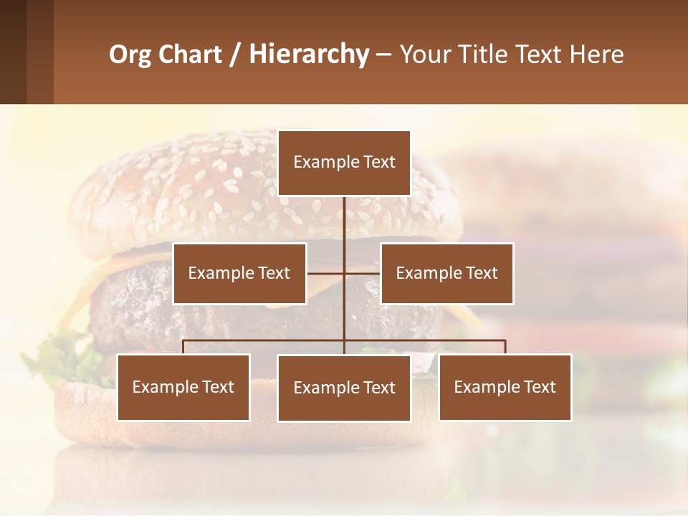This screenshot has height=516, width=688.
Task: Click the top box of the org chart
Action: (x=344, y=163)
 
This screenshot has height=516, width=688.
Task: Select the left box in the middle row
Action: (x=239, y=273)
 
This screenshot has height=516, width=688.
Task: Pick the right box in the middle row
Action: (x=446, y=273)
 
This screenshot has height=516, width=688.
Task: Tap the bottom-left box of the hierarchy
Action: (x=183, y=387)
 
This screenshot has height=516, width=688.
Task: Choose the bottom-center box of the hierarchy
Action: (x=344, y=388)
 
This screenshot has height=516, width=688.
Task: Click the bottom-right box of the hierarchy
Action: (x=505, y=387)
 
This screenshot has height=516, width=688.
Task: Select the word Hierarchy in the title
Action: (x=308, y=54)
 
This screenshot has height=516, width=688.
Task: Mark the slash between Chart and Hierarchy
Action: (x=235, y=55)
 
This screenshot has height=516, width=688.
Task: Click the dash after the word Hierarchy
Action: (x=383, y=55)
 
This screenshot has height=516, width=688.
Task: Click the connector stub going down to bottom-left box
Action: (x=183, y=347)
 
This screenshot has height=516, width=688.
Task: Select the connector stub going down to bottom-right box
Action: (x=505, y=347)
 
